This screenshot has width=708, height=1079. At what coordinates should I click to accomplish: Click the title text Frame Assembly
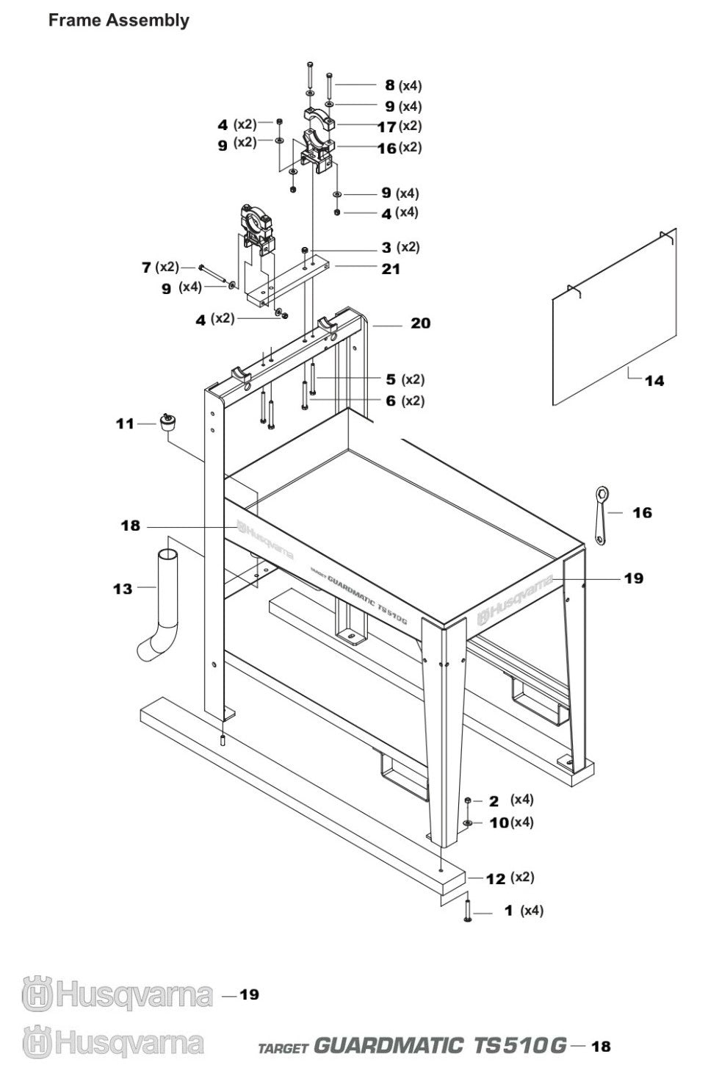tap(118, 21)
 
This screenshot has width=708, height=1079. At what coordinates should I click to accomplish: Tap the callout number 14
tap(654, 380)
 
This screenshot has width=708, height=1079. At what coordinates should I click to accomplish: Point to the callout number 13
tap(123, 589)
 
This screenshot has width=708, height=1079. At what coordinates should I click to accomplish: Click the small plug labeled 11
tap(168, 424)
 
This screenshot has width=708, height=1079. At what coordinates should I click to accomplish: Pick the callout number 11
tap(125, 423)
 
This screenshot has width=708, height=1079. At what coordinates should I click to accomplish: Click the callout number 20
tap(420, 323)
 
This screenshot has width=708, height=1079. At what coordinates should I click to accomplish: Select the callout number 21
tap(391, 269)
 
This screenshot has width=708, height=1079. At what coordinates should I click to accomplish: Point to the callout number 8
tap(389, 85)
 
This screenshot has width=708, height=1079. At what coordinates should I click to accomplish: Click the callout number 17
tap(386, 126)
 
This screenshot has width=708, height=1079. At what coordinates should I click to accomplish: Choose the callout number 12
tap(496, 878)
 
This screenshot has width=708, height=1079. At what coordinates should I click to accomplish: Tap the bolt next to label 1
tap(467, 911)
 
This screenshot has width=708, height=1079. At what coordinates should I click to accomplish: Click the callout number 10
tap(499, 822)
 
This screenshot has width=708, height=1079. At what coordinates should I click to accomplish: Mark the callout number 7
tap(146, 267)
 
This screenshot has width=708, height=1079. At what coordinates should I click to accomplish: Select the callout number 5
tap(391, 379)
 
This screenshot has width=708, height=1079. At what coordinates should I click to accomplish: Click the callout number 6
tap(391, 401)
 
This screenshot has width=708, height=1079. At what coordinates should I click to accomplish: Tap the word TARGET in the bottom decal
tap(283, 1047)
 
